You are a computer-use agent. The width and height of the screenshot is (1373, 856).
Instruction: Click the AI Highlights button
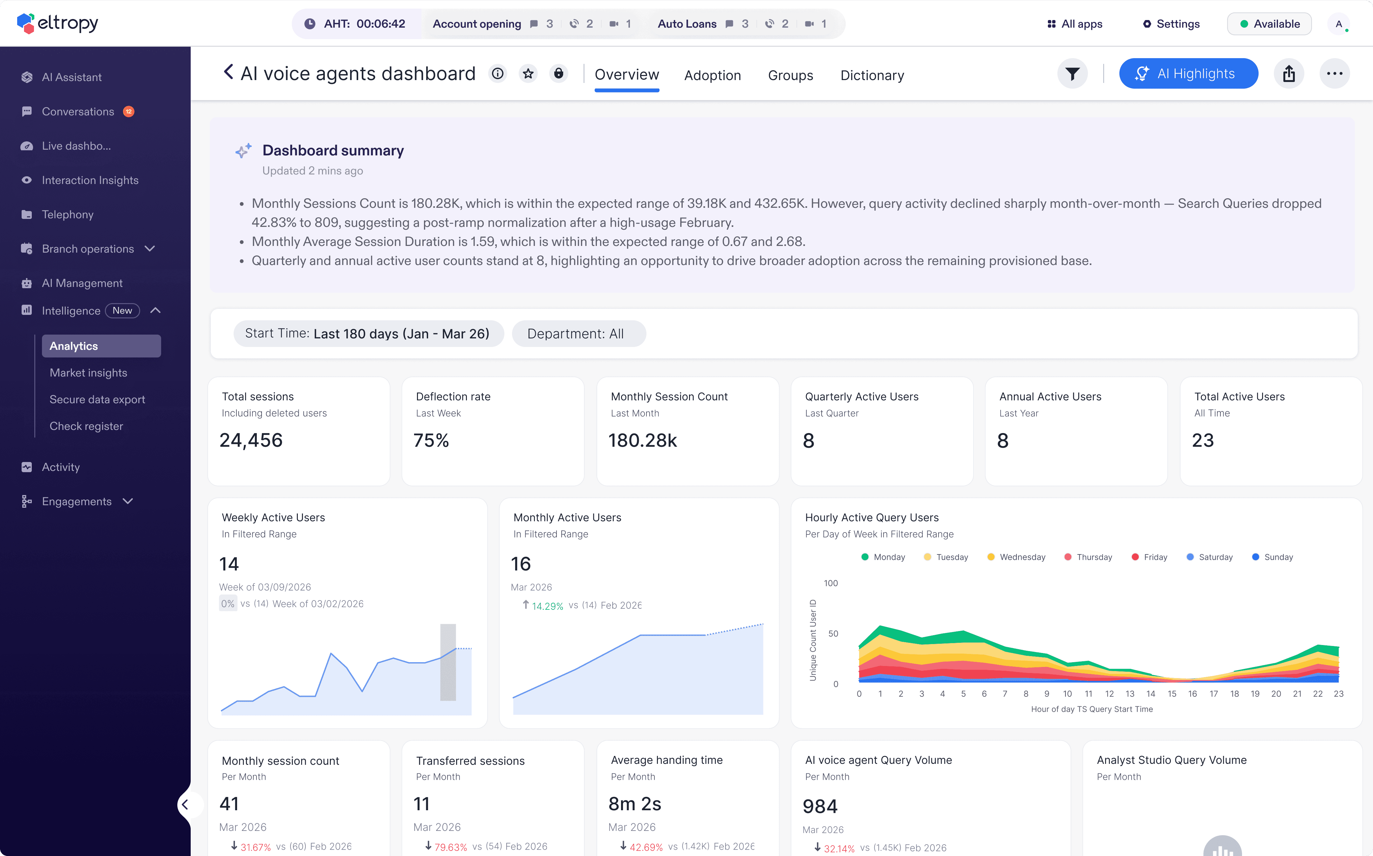(1188, 74)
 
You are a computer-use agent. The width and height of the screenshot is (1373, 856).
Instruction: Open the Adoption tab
(712, 75)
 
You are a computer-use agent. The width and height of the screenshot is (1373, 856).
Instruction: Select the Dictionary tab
(872, 75)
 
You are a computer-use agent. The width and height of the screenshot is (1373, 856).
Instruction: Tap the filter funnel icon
(1072, 74)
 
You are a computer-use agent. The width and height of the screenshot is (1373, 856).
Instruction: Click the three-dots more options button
(1335, 74)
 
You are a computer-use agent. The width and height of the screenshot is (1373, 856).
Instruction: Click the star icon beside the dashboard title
(528, 74)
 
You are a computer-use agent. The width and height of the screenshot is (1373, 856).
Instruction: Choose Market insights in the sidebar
(88, 372)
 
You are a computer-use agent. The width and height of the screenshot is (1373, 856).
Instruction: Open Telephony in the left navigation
(67, 214)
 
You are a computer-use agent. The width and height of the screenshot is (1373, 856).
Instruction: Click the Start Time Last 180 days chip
(368, 333)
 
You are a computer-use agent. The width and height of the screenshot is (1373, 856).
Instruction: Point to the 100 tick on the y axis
(830, 583)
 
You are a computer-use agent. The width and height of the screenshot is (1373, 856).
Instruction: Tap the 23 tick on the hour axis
(1338, 694)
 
